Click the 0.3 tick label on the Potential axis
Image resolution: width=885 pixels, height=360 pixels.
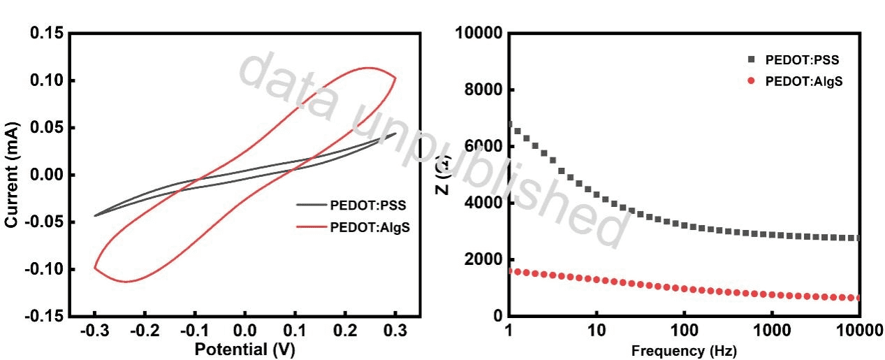click(395, 331)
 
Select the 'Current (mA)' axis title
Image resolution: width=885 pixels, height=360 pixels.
click(12, 175)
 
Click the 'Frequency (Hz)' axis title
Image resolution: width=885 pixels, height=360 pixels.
click(683, 349)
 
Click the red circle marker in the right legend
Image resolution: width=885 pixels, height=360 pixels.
click(751, 80)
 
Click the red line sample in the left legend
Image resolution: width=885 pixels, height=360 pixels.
click(312, 226)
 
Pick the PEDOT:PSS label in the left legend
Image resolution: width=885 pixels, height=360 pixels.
click(368, 206)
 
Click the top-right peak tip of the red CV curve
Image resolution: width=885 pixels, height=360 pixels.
click(395, 78)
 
